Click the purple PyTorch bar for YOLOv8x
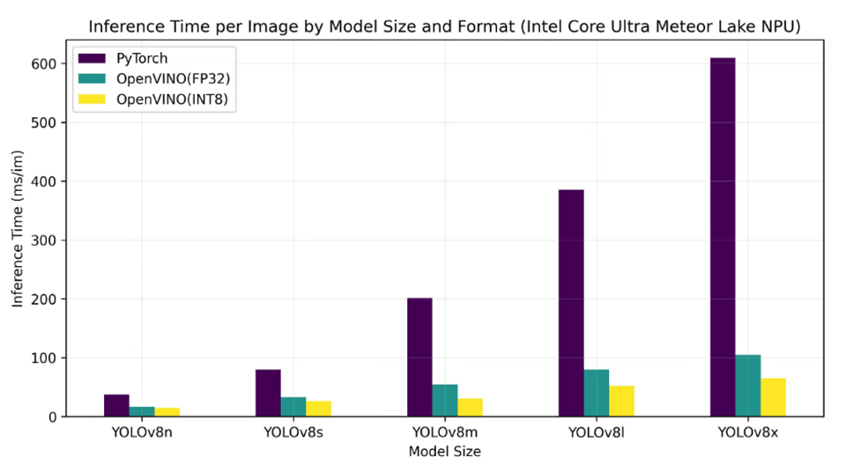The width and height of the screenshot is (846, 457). pyautogui.click(x=722, y=237)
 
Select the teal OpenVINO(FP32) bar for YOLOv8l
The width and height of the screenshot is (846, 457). pyautogui.click(x=596, y=393)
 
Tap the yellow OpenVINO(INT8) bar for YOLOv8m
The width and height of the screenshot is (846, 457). pyautogui.click(x=470, y=407)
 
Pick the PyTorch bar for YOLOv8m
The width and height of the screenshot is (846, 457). pyautogui.click(x=419, y=357)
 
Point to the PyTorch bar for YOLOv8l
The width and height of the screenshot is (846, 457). pyautogui.click(x=571, y=303)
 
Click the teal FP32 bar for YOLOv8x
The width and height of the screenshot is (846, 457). pyautogui.click(x=747, y=386)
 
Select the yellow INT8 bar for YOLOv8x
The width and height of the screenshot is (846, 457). pyautogui.click(x=773, y=397)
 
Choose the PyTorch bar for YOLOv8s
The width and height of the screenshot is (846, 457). pyautogui.click(x=268, y=393)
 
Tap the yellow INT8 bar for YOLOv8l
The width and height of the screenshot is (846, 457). pyautogui.click(x=621, y=401)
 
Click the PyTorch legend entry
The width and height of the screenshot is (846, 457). pyautogui.click(x=141, y=59)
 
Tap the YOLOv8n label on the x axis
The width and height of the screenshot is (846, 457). pyautogui.click(x=142, y=431)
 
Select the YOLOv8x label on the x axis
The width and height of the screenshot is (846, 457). pyautogui.click(x=747, y=431)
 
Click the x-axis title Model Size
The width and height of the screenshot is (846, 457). pyautogui.click(x=445, y=449)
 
